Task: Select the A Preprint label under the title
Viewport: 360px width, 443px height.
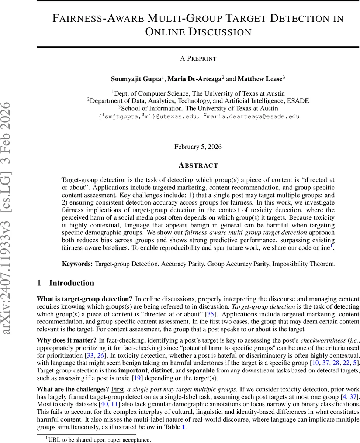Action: click(x=198, y=58)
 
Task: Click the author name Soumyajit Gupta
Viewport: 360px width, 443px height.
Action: click(x=136, y=79)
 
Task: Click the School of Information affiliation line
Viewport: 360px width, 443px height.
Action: click(x=198, y=108)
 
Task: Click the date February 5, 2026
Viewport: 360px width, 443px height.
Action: click(x=198, y=147)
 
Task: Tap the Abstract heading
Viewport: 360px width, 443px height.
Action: click(x=198, y=165)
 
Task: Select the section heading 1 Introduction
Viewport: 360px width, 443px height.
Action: click(x=66, y=283)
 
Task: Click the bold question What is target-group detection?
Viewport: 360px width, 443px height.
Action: click(x=84, y=299)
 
